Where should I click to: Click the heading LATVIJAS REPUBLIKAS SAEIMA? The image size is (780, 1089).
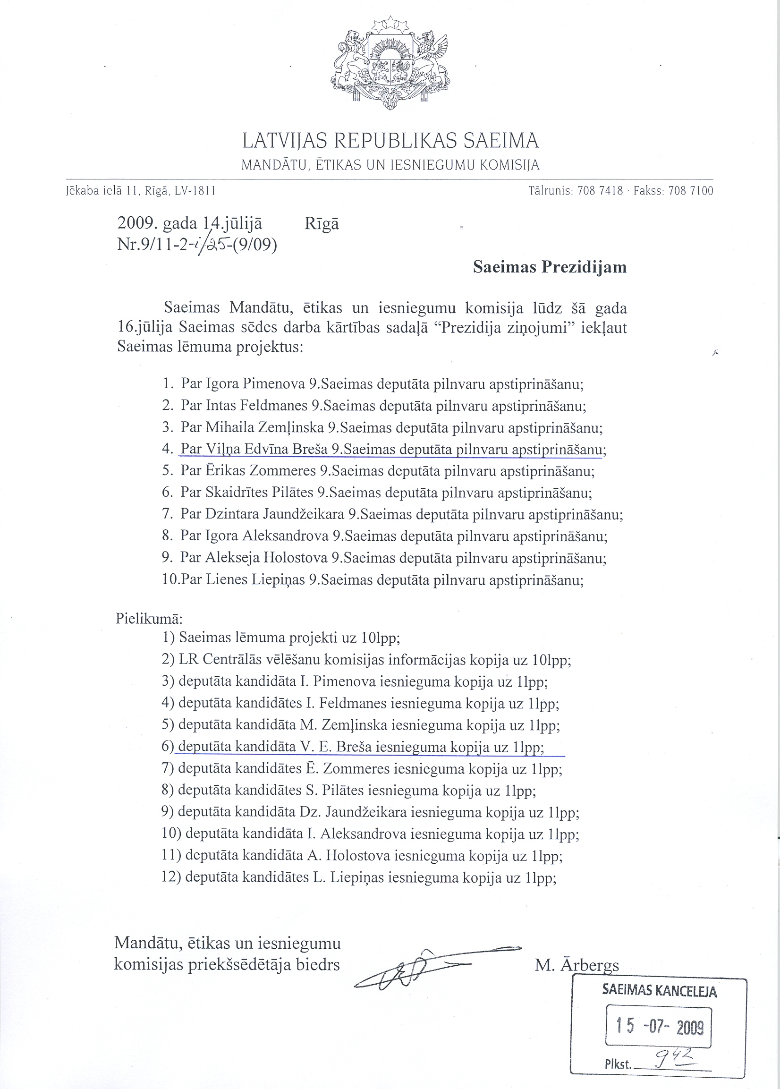click(390, 141)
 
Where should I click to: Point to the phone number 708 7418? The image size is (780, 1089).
click(600, 191)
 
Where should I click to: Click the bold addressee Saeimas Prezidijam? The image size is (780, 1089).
click(550, 267)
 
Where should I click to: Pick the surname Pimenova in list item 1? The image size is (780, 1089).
click(273, 384)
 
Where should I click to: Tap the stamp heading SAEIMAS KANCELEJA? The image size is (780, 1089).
click(659, 990)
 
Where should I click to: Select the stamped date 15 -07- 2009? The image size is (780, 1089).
click(659, 1027)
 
